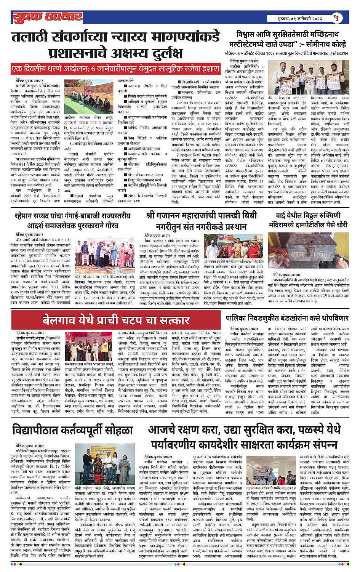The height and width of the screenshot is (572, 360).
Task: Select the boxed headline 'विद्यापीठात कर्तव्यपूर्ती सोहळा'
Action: (x=73, y=431)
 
